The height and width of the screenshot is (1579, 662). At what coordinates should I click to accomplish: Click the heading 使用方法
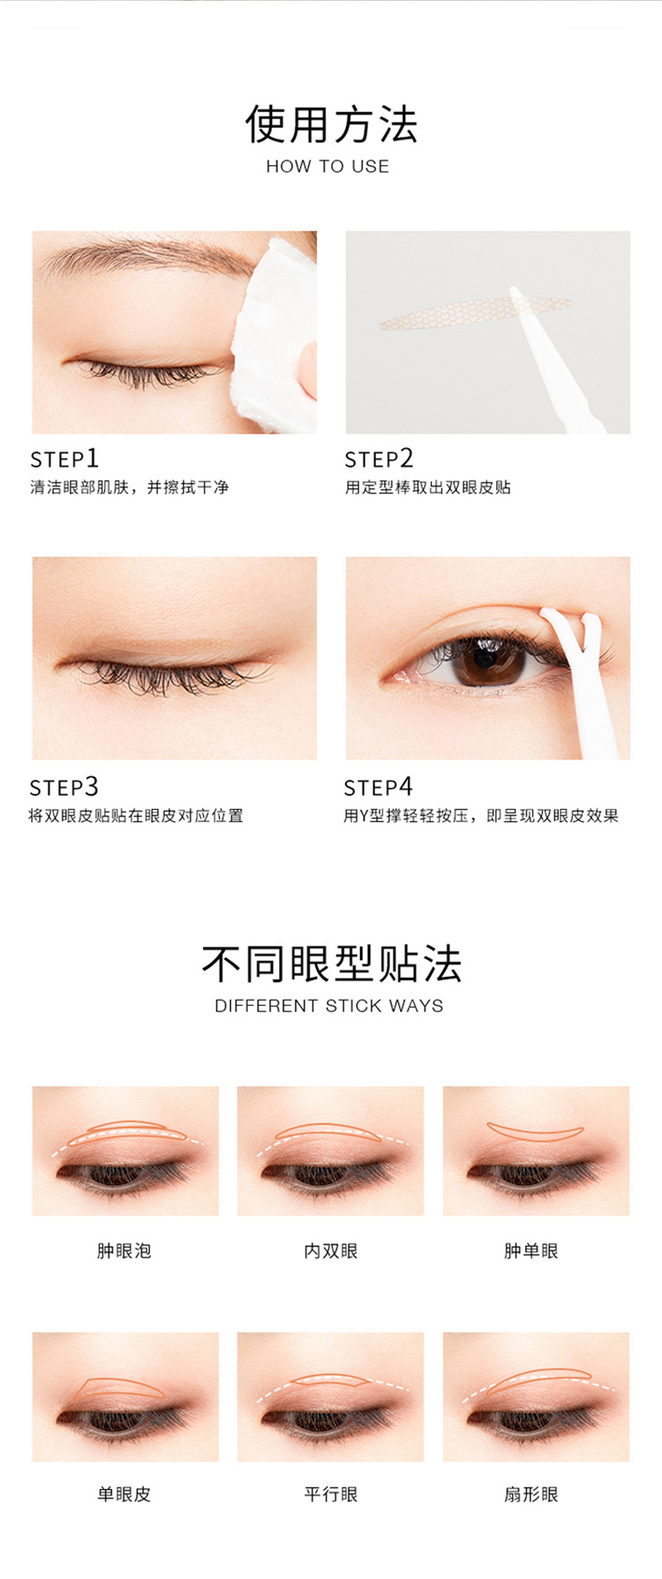(331, 124)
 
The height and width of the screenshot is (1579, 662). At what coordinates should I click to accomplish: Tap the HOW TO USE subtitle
(327, 166)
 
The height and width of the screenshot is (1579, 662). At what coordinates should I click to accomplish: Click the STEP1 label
(64, 458)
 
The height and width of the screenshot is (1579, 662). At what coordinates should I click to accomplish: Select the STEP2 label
(379, 458)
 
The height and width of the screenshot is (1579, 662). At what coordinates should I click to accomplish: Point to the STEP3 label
(64, 787)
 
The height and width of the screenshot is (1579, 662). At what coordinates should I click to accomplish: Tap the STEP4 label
(378, 787)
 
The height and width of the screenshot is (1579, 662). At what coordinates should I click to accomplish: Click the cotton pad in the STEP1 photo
(275, 336)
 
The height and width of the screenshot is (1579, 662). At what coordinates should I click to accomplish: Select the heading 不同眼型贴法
(331, 963)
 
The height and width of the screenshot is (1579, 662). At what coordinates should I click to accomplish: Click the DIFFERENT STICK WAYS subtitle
(329, 1006)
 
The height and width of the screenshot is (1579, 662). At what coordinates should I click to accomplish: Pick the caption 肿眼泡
(124, 1250)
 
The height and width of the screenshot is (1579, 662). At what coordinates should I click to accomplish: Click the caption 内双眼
(331, 1250)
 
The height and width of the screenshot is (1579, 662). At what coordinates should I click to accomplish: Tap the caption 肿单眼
(531, 1250)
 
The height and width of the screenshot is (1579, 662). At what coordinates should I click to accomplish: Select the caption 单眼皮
(124, 1494)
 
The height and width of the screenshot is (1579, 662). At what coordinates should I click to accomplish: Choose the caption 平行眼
(331, 1494)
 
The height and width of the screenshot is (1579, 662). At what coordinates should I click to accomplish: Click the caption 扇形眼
(531, 1494)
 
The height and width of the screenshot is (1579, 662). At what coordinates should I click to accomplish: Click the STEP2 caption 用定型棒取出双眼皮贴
(428, 487)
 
